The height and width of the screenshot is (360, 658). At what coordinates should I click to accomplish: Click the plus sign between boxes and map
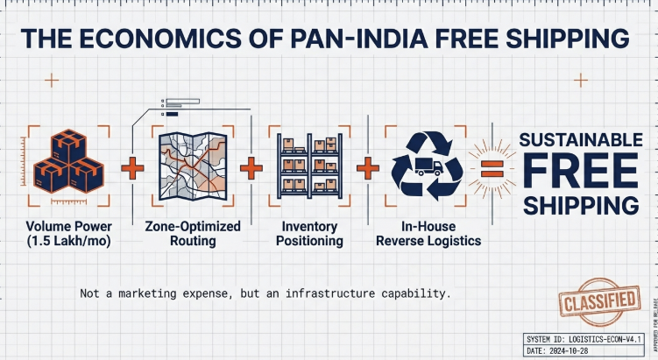pos(131,167)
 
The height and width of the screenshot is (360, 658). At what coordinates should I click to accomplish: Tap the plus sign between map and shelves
pos(251,167)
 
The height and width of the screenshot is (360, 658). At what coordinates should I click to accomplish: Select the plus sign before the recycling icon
pos(368,167)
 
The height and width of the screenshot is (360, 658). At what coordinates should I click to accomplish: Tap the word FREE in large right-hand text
pos(580,172)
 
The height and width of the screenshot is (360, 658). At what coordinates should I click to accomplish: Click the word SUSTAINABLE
pos(581,140)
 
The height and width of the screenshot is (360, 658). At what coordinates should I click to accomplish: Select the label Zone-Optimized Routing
pos(192,233)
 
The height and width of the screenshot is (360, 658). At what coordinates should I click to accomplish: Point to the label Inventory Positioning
pos(309,233)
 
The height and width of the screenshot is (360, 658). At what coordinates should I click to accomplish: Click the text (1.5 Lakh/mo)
pos(68,241)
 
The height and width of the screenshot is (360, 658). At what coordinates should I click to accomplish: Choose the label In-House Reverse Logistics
pos(428,233)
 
